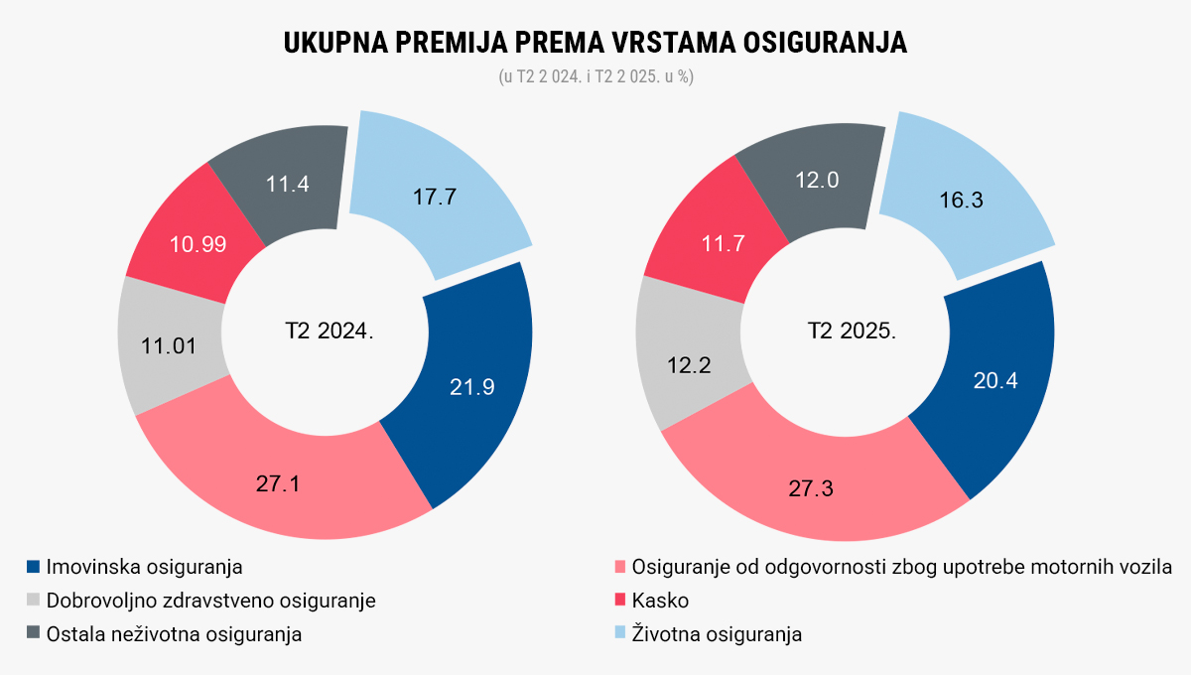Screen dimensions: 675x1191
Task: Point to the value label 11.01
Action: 168,346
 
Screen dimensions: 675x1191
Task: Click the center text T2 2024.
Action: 330,331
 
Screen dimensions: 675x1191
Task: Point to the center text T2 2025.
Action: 851,331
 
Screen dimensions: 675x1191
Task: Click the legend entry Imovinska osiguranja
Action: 145,567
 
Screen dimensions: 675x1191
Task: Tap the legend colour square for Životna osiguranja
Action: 620,633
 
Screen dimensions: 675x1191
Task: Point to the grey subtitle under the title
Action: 595,76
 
